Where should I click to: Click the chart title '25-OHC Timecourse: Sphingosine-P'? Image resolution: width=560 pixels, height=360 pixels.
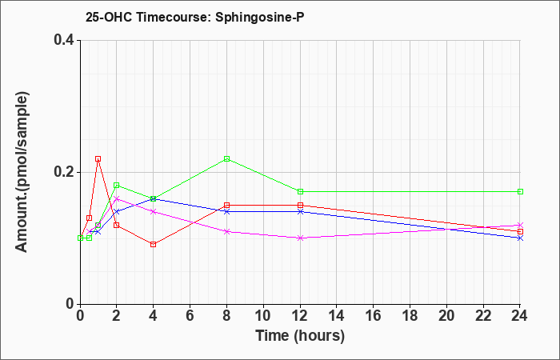194,17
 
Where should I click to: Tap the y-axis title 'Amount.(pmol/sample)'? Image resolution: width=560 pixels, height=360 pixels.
22,172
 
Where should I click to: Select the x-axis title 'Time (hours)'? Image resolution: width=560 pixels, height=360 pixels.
300,336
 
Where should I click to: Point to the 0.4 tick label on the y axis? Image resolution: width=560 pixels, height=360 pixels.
64,40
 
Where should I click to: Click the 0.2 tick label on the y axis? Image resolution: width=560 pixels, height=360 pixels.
64,172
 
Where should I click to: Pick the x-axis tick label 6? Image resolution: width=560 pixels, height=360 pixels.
190,316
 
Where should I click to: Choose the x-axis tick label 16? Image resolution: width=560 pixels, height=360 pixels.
374,316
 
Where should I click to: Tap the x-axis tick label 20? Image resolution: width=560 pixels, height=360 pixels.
446,316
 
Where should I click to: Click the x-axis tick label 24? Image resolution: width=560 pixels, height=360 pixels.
520,316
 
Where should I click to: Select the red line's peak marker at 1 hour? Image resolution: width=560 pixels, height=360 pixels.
98,158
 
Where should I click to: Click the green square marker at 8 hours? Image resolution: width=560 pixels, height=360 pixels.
226,158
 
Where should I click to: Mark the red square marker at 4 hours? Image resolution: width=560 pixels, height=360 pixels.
154,244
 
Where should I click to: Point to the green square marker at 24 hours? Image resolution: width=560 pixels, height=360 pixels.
520,191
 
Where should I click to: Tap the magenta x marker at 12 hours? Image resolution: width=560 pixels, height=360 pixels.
300,238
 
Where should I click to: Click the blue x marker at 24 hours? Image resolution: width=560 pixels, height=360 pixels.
520,238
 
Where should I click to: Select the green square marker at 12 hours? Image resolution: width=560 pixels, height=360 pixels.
300,191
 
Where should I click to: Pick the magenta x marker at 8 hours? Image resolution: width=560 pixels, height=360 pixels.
226,231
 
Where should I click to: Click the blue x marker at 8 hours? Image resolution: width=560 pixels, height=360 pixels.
226,211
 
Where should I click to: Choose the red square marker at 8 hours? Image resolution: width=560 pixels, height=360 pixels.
226,205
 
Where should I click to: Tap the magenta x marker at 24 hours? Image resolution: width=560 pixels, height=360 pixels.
520,225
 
